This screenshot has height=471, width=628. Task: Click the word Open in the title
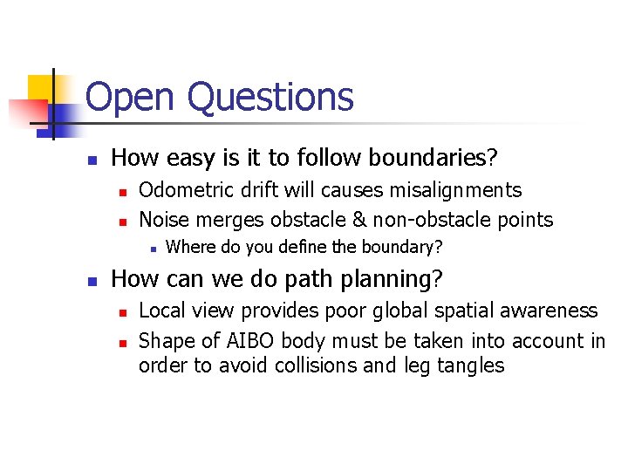(x=131, y=98)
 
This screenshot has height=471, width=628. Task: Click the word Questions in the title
(x=270, y=98)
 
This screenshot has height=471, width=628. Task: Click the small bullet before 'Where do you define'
(x=152, y=249)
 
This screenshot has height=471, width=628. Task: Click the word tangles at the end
(x=472, y=366)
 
